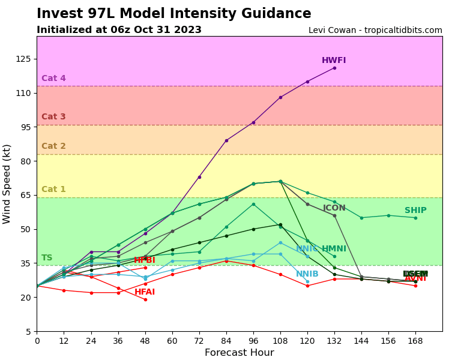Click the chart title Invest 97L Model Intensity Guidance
pyautogui.click(x=173, y=14)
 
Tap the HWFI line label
pyautogui.click(x=334, y=61)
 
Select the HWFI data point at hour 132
pyautogui.click(x=334, y=68)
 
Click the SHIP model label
pyautogui.click(x=415, y=211)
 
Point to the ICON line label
pyautogui.click(x=334, y=208)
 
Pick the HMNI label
pyautogui.click(x=334, y=249)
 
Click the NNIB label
pyautogui.click(x=307, y=274)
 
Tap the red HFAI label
pyautogui.click(x=145, y=292)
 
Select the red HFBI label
pyautogui.click(x=145, y=260)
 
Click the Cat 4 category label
pyautogui.click(x=53, y=79)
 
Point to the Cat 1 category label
pyautogui.click(x=53, y=190)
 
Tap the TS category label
pyautogui.click(x=47, y=258)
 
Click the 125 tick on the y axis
pyautogui.click(x=23, y=59)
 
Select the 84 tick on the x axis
pyautogui.click(x=226, y=341)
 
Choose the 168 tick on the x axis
pyautogui.click(x=415, y=341)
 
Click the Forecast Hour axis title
pyautogui.click(x=239, y=353)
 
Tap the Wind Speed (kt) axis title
pyautogui.click(x=7, y=184)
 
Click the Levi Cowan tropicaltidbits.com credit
pyautogui.click(x=375, y=31)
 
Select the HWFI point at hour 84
pyautogui.click(x=226, y=140)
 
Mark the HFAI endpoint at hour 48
pyautogui.click(x=145, y=299)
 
